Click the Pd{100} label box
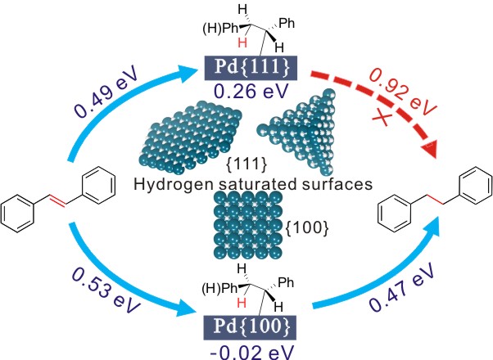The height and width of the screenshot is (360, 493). (247, 311)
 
